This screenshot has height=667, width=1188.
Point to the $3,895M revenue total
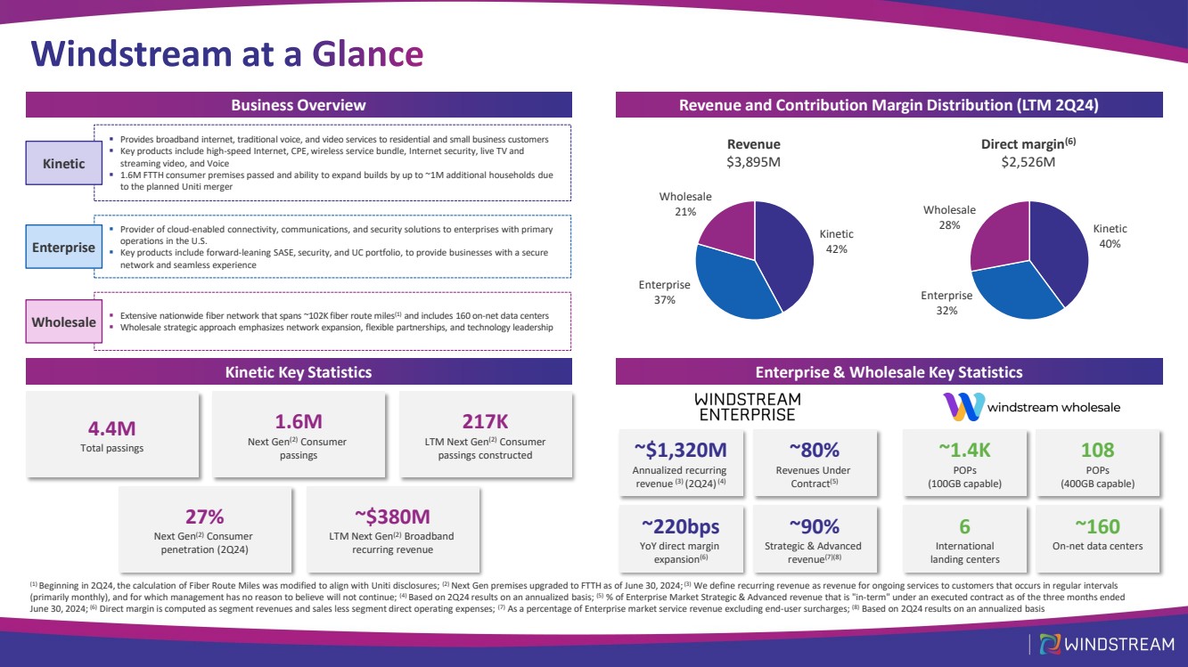753,161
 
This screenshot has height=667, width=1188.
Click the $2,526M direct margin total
1028,161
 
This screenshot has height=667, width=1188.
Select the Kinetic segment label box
64,164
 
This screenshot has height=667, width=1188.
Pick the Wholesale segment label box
64,321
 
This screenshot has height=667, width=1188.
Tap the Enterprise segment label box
64,247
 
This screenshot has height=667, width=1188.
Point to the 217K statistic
485,421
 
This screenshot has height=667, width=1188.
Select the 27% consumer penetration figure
204,517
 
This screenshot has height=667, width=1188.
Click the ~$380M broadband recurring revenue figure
391,517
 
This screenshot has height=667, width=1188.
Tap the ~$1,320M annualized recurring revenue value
679,450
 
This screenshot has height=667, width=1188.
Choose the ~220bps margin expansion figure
679,525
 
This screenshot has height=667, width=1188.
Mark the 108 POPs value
1096,450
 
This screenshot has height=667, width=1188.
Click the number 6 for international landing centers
964,525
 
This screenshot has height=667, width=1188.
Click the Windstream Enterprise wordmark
747,407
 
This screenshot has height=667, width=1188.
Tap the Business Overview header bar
299,105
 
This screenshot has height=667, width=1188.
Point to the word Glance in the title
367,54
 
